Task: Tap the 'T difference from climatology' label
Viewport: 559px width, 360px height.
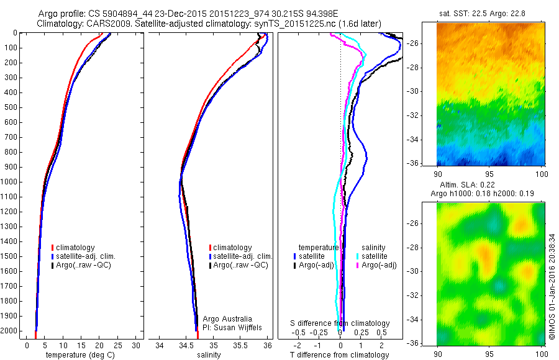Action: tap(340, 355)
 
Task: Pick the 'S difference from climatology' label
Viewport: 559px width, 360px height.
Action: tap(340, 323)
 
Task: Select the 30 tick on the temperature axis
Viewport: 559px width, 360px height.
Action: tap(137, 345)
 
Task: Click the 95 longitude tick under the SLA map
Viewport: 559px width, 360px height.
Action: tap(491, 353)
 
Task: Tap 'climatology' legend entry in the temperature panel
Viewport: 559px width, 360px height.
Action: tap(75, 248)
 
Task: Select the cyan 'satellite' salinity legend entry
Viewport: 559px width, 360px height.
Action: tap(374, 256)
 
